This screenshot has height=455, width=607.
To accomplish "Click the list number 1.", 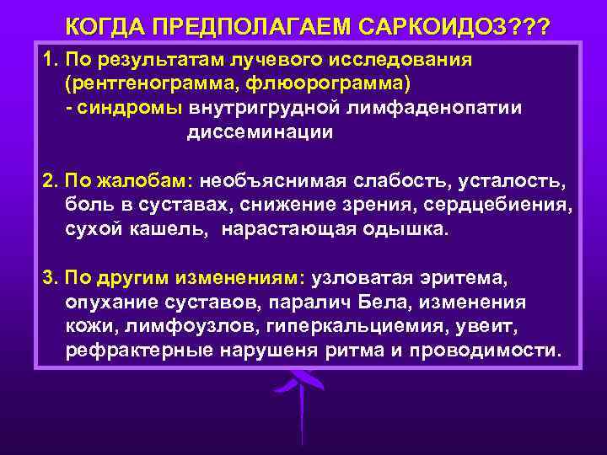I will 48,61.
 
